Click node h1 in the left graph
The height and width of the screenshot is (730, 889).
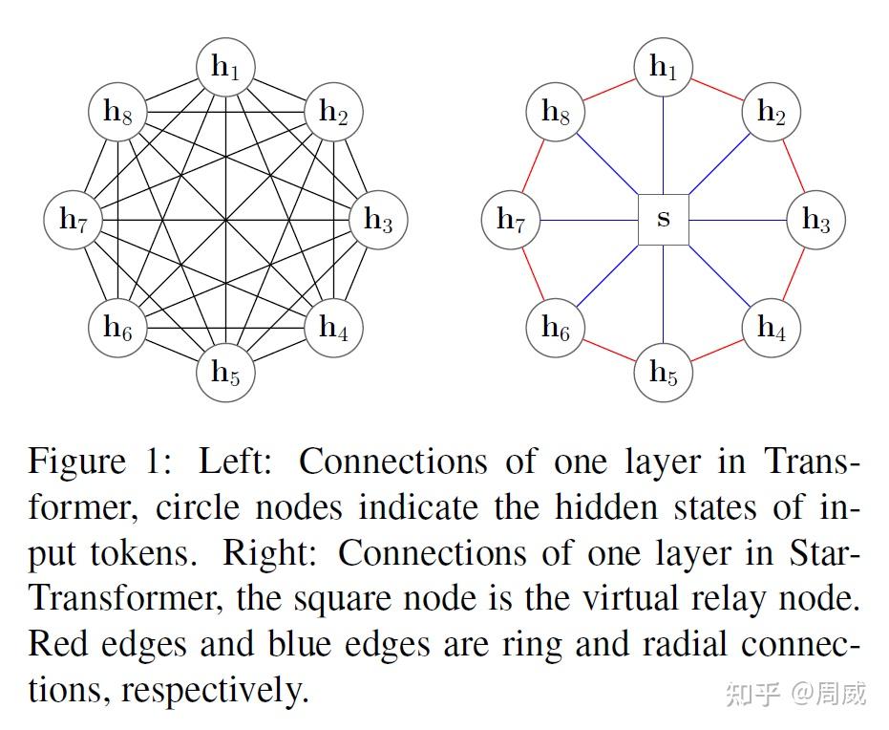coord(225,67)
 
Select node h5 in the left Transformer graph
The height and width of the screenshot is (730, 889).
coord(225,372)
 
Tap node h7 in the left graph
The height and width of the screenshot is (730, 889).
coord(74,220)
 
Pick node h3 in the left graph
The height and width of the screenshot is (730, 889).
coord(378,220)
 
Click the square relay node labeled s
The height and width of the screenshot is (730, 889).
coord(664,219)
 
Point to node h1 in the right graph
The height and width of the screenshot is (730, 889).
coord(664,67)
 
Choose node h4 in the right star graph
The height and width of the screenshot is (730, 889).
coord(772,328)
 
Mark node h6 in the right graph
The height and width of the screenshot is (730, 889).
coord(556,328)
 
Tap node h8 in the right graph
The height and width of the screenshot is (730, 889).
coord(556,111)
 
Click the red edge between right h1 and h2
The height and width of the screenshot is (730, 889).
coord(717,89)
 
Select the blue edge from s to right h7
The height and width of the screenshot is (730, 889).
coord(589,220)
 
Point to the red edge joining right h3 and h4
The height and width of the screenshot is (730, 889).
coord(794,274)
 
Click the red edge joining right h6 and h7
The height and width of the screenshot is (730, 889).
coord(533,274)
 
